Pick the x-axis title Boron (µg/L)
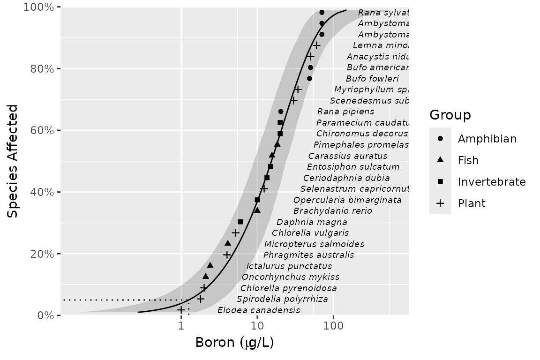234,343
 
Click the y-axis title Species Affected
13,161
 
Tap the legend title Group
450,115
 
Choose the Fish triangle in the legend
440,160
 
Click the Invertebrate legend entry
492,182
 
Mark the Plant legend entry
472,203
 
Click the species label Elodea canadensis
259,310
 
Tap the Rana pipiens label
346,112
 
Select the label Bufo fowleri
372,79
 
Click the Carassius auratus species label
348,156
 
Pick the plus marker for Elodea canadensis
181,310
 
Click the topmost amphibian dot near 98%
322,12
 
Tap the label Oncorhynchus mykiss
291,277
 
